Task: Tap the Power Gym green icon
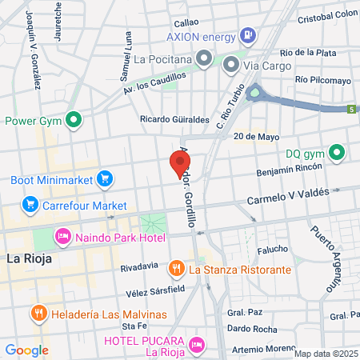(x=74, y=122)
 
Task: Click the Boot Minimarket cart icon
(x=103, y=179)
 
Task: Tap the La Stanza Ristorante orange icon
(x=178, y=270)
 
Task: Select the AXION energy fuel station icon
(x=249, y=36)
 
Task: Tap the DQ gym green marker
(x=337, y=152)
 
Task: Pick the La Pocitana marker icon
(x=205, y=58)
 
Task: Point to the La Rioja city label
(x=29, y=258)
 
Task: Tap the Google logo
(x=26, y=350)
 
